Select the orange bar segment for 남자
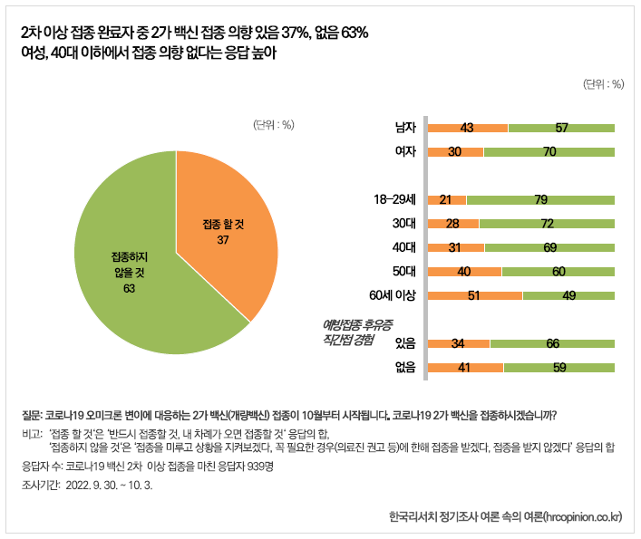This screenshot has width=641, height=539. click(467, 128)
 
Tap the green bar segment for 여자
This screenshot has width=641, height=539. click(549, 151)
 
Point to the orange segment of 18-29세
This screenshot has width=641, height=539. click(445, 199)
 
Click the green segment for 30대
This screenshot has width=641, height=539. click(547, 223)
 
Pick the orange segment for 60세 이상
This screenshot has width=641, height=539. click(473, 294)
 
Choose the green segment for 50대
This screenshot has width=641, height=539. click(558, 271)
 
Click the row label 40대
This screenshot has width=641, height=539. click(403, 247)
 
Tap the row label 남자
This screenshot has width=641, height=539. click(404, 128)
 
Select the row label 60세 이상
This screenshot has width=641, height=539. click(393, 294)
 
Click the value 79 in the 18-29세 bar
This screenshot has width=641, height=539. click(540, 199)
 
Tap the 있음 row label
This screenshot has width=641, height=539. click(404, 343)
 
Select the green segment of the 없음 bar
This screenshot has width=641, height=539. click(559, 368)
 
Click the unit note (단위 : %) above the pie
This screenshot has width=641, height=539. click(273, 124)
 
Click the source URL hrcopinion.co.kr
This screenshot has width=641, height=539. click(577, 517)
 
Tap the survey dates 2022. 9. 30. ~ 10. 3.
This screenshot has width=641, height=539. click(109, 485)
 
